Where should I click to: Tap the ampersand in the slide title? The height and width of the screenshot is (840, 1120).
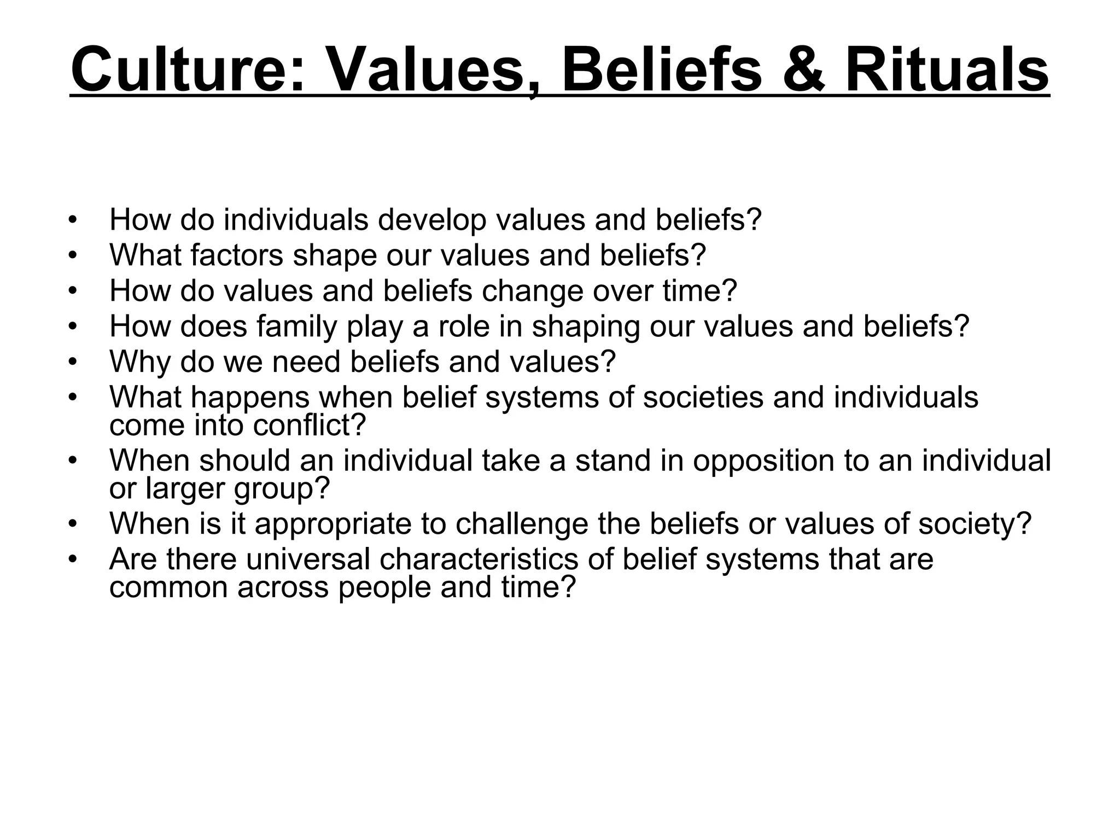[802, 71]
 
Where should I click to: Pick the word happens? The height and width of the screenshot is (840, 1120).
[250, 397]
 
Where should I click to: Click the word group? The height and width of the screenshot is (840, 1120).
[282, 488]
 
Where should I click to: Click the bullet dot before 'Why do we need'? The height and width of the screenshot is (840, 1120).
[72, 362]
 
